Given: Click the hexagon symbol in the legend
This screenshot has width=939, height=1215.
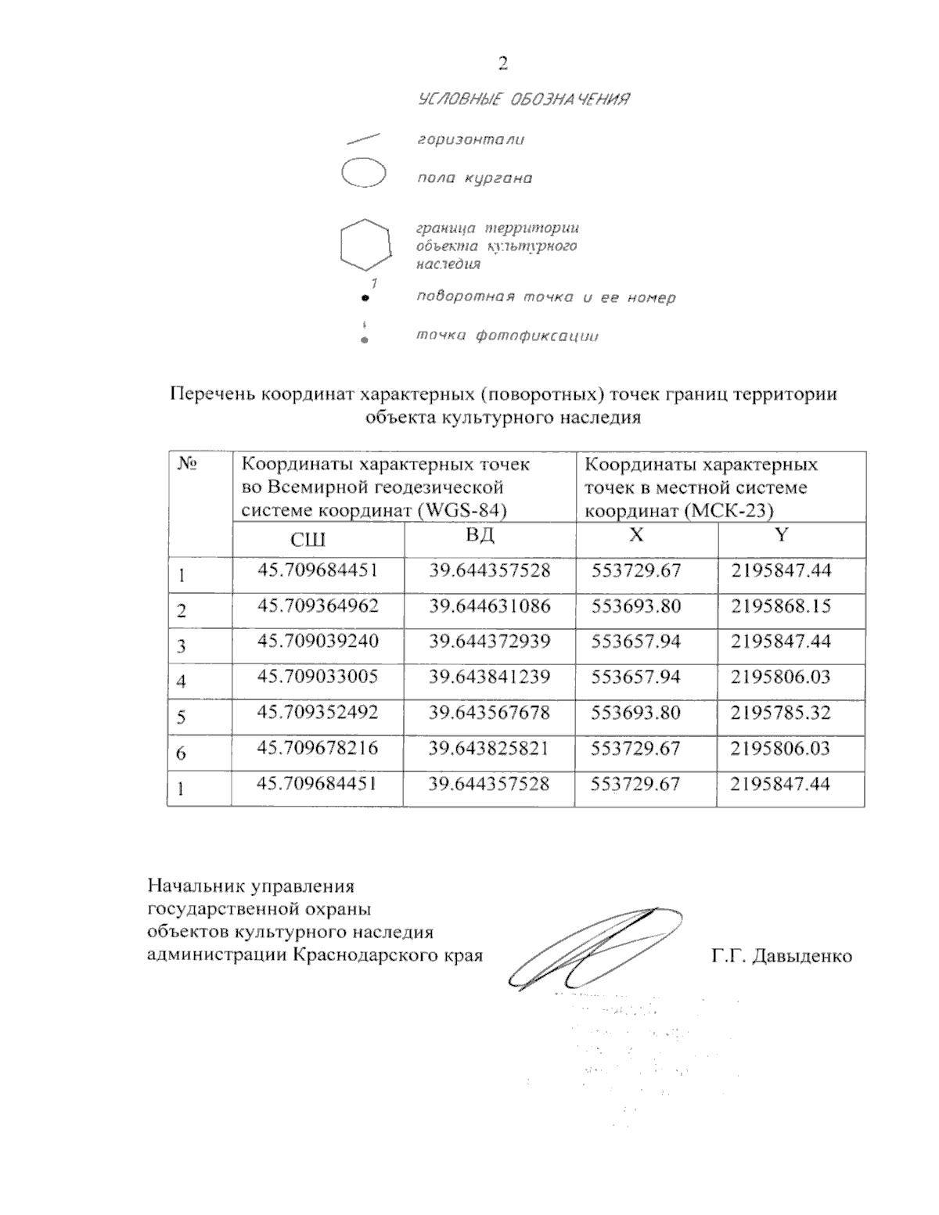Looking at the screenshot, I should [x=365, y=245].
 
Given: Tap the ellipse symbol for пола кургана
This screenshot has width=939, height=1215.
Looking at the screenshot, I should [x=364, y=173].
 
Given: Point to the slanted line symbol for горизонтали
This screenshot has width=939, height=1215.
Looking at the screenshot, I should [x=362, y=138].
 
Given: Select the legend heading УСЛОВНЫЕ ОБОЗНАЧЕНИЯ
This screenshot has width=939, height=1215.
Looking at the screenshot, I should [x=524, y=99].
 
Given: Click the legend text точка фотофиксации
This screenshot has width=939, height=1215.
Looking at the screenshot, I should [x=507, y=336].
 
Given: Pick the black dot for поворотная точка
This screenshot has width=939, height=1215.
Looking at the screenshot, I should [x=365, y=298].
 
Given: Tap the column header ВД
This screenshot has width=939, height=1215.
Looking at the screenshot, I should [x=480, y=537].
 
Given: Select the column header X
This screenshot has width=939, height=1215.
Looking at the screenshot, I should [x=637, y=535].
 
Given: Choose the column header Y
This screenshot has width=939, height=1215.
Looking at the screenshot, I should [x=780, y=535].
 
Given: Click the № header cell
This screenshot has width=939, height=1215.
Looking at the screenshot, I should [x=186, y=464].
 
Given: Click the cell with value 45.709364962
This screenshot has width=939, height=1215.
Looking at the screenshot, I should [x=318, y=606].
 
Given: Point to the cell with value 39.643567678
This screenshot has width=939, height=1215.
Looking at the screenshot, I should [x=489, y=714].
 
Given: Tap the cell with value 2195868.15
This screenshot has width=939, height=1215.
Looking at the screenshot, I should [x=780, y=606].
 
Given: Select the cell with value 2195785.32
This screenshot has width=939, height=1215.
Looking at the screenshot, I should [x=780, y=714].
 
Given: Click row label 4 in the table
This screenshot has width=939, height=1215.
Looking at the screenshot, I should [x=182, y=681].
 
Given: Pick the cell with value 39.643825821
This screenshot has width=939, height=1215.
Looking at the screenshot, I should [x=489, y=749].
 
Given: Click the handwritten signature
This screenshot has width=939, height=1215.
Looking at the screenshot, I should [x=595, y=948].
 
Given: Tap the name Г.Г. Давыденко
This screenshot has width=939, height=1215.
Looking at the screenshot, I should [x=782, y=956].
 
